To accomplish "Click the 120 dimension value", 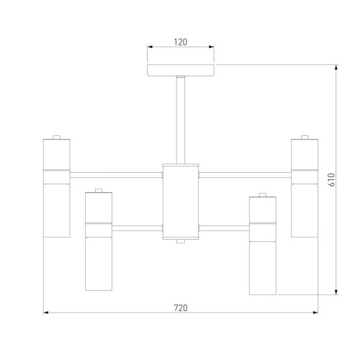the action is tap(181, 42).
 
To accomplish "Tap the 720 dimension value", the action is tap(181, 307).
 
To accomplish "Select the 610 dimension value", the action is tap(331, 180).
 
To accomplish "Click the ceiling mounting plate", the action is tap(181, 70).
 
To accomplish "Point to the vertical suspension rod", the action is tap(181, 120).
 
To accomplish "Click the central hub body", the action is tap(181, 202).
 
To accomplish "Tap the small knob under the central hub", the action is tap(181, 241).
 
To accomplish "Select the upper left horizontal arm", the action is tap(116, 175).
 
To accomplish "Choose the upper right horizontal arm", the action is tap(245, 175).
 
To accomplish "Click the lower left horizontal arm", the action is tap(137, 228).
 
